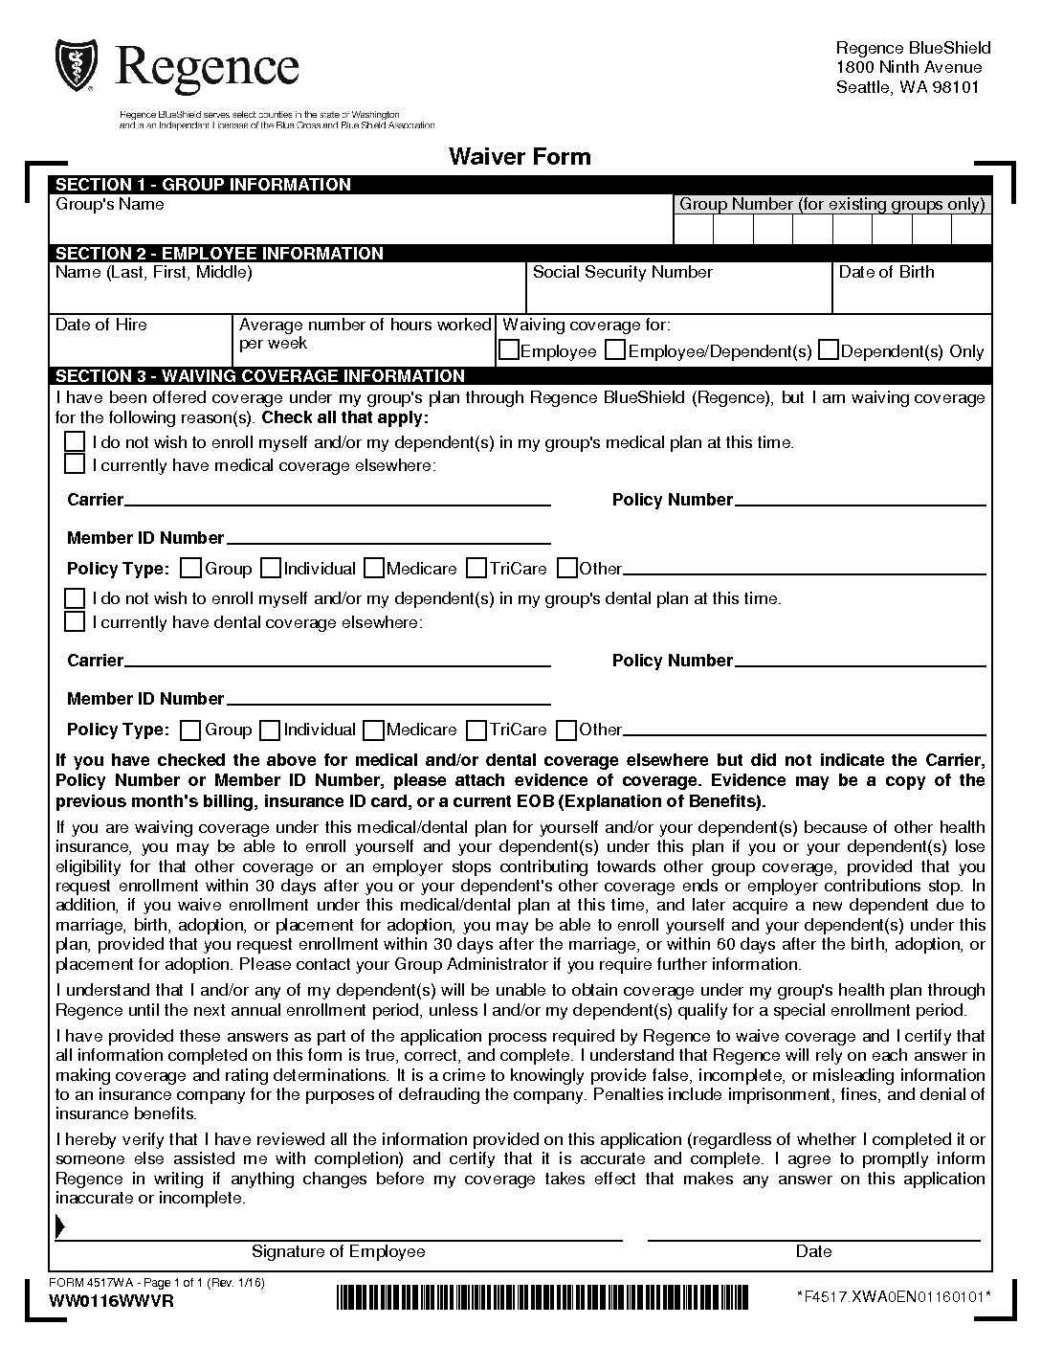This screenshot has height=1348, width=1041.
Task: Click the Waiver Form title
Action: [x=520, y=156]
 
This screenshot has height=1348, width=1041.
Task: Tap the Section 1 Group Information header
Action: [x=203, y=185]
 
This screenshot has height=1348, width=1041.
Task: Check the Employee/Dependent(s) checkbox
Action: [x=616, y=351]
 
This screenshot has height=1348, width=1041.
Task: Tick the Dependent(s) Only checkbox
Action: [x=829, y=351]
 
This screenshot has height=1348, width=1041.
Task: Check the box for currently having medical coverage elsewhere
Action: [x=74, y=465]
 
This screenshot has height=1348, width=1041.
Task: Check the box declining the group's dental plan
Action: [x=74, y=598]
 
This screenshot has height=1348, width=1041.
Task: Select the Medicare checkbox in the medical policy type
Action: [x=373, y=569]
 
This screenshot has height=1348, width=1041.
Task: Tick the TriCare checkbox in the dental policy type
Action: [x=476, y=730]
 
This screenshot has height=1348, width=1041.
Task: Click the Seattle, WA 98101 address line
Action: [x=907, y=87]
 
